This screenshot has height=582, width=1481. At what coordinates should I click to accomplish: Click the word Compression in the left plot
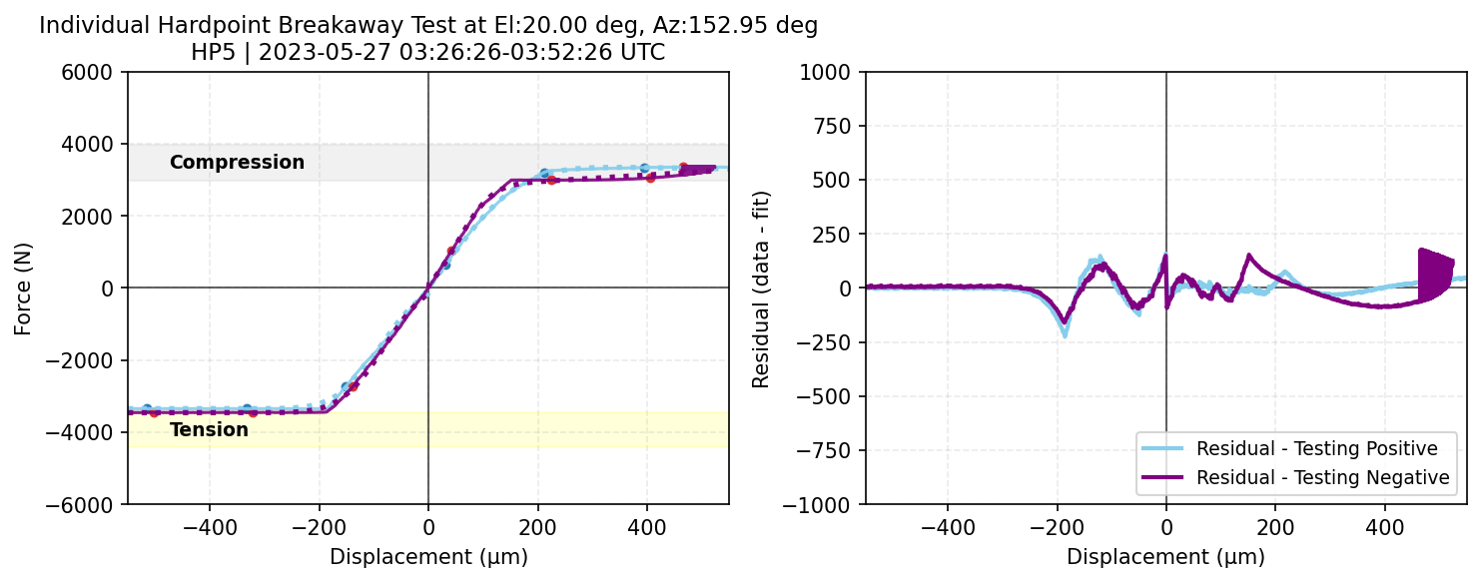click(237, 163)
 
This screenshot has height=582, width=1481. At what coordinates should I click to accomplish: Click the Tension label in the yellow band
click(209, 430)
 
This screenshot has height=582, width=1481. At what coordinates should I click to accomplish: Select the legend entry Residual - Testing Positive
click(1316, 447)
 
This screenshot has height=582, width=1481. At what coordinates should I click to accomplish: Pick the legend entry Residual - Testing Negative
click(1322, 478)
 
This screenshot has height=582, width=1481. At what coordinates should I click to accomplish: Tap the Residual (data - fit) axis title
click(761, 288)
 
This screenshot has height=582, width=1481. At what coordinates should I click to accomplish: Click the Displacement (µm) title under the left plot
click(428, 557)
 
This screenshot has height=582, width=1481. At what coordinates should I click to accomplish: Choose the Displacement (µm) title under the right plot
click(1165, 557)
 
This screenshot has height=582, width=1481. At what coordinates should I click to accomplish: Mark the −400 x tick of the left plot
click(210, 526)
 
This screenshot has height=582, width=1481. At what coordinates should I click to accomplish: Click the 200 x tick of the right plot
click(1275, 526)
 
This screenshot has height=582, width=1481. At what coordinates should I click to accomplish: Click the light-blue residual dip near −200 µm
click(1065, 331)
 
